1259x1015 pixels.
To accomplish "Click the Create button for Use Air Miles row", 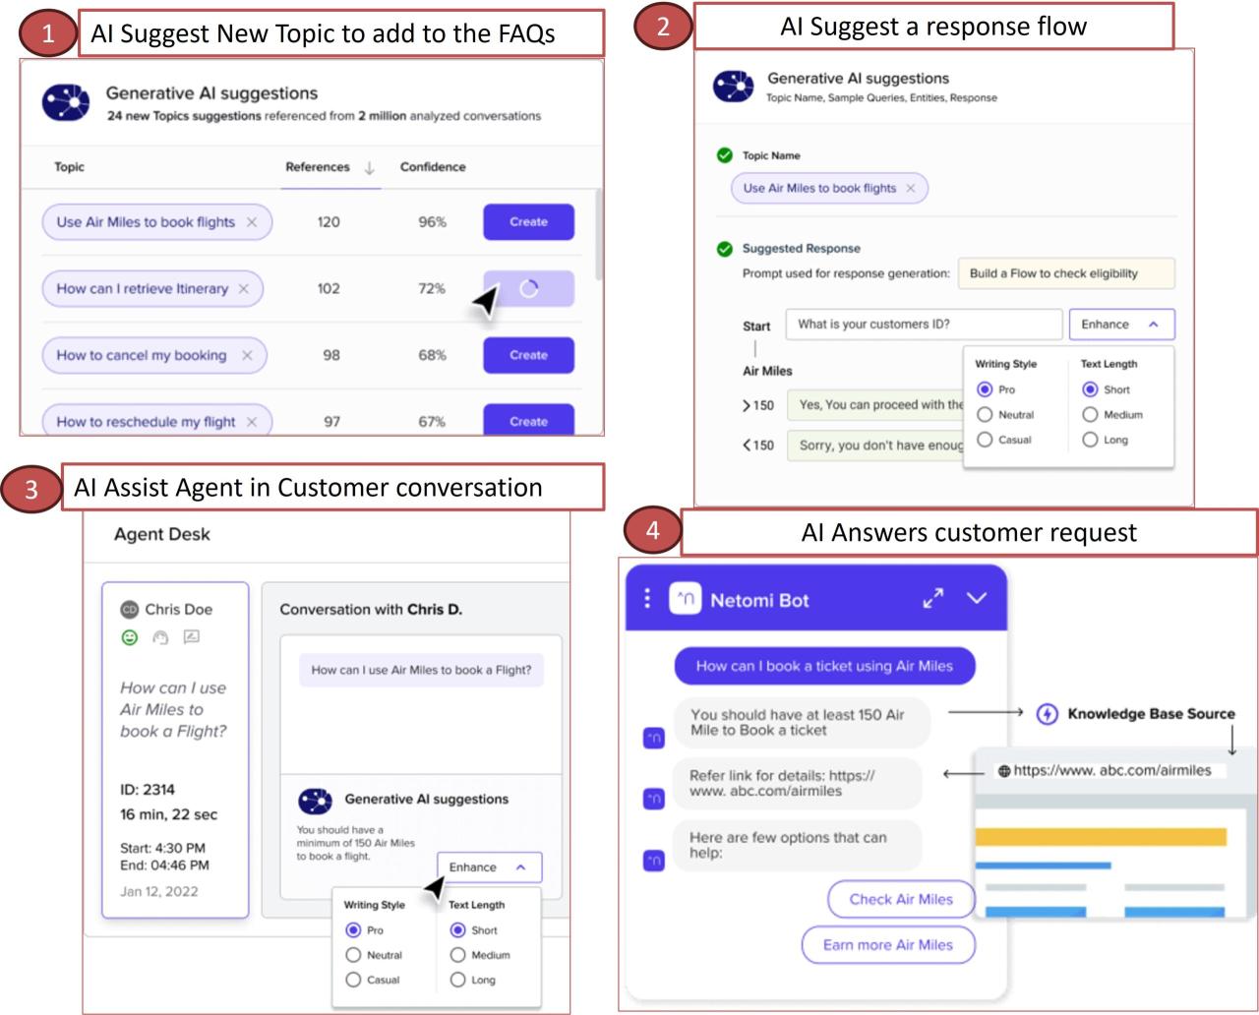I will click(528, 222).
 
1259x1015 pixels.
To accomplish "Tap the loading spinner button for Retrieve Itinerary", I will click(528, 289).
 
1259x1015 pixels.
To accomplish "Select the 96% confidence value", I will click(432, 222).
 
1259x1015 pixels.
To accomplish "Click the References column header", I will click(318, 167).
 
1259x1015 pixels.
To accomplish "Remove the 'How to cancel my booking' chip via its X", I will click(247, 356).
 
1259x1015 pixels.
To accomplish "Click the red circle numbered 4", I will click(652, 531).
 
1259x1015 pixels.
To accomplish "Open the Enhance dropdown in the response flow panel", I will click(1121, 325).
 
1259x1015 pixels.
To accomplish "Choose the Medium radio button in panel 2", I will click(1090, 415).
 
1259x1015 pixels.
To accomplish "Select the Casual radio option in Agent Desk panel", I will click(354, 980).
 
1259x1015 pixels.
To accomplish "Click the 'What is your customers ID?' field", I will click(923, 325).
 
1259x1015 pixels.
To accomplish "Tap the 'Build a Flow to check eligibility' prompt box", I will click(1066, 273).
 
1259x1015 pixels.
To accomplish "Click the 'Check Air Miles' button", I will click(901, 899).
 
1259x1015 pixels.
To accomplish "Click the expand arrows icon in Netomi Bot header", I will click(932, 598).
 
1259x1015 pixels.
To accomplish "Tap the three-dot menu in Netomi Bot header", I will click(646, 598).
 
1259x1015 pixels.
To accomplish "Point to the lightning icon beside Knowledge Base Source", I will click(1048, 714).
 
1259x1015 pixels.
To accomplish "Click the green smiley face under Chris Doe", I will click(130, 637).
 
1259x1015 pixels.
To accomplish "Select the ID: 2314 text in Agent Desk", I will click(148, 789).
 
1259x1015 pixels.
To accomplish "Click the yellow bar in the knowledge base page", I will click(1101, 837).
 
